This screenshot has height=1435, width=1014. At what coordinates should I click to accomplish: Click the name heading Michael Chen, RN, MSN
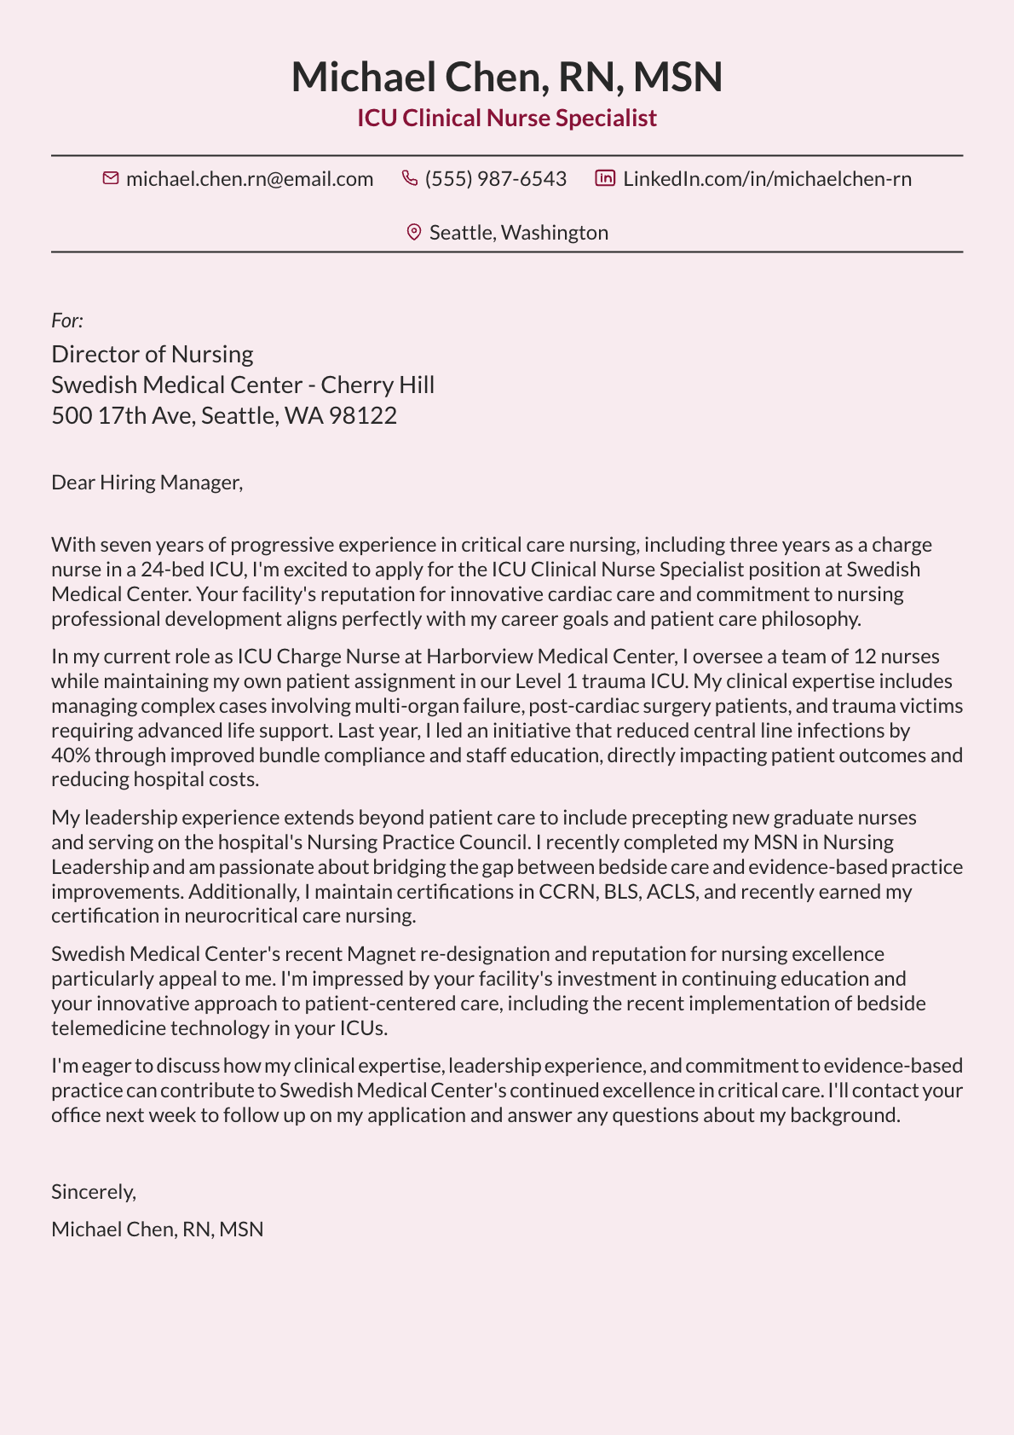(506, 77)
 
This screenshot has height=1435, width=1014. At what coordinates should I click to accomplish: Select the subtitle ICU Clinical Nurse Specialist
(506, 118)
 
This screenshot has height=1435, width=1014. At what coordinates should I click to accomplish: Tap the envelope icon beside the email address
(110, 178)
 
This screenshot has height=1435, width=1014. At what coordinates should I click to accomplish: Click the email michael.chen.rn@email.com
(249, 179)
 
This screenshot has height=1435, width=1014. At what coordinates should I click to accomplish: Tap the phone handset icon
(410, 178)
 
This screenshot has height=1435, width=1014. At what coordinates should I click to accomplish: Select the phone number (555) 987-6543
(495, 179)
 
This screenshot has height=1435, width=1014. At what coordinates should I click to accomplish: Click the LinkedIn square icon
(605, 178)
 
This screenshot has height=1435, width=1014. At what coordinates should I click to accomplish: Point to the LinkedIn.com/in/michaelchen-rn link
(767, 179)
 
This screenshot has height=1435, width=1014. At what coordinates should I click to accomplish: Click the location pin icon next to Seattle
(414, 232)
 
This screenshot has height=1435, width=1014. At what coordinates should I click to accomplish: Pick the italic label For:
(67, 321)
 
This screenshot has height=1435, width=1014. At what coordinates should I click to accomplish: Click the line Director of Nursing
(153, 354)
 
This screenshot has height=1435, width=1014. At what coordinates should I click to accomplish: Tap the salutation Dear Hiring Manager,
(147, 483)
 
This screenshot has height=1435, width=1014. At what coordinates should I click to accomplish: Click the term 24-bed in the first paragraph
(169, 570)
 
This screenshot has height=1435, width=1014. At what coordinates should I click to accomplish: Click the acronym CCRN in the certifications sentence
(567, 892)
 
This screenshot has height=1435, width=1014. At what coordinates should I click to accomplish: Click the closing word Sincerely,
(94, 1191)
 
